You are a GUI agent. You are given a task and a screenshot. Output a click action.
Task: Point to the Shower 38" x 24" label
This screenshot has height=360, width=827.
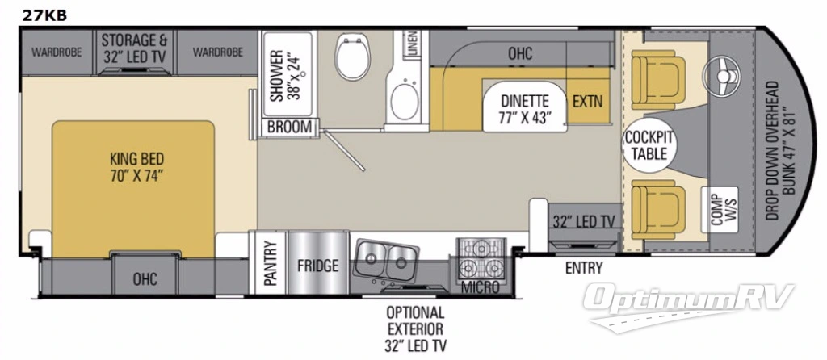click(284, 77)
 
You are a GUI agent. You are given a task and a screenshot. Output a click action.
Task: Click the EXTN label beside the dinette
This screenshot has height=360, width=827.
click(587, 103)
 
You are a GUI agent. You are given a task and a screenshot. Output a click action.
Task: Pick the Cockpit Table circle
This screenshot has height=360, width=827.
click(649, 145)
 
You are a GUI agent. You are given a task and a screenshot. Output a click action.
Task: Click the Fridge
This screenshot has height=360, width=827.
click(317, 266)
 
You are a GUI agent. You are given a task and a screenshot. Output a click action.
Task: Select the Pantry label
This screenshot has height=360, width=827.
click(270, 265)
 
